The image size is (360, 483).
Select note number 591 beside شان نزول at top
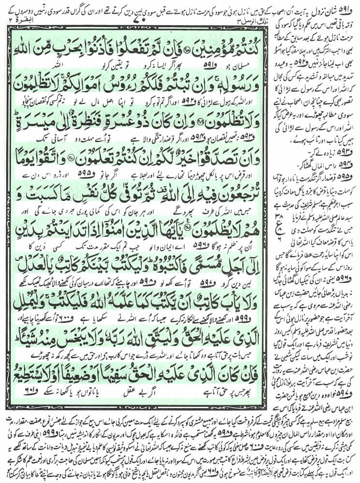point(351,6)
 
